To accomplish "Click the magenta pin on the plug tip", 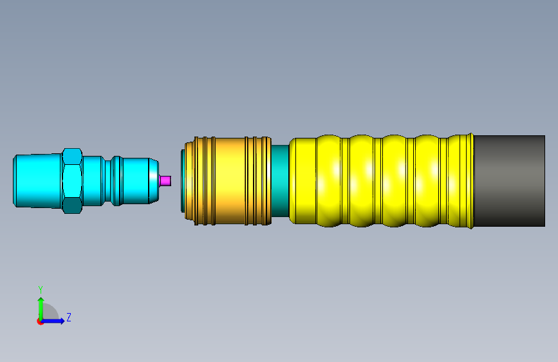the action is coord(165,180).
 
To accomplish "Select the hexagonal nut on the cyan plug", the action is coord(72,181).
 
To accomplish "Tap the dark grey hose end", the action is coord(510,180).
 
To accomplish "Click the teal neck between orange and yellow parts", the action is coord(280,180).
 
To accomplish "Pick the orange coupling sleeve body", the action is coord(228,181).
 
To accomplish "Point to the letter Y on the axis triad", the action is coord(41,290).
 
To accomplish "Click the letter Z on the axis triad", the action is coord(69,317).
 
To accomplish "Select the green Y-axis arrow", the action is coord(41,309).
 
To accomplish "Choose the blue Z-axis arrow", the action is coord(53,321).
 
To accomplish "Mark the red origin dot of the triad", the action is coord(40,321).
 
